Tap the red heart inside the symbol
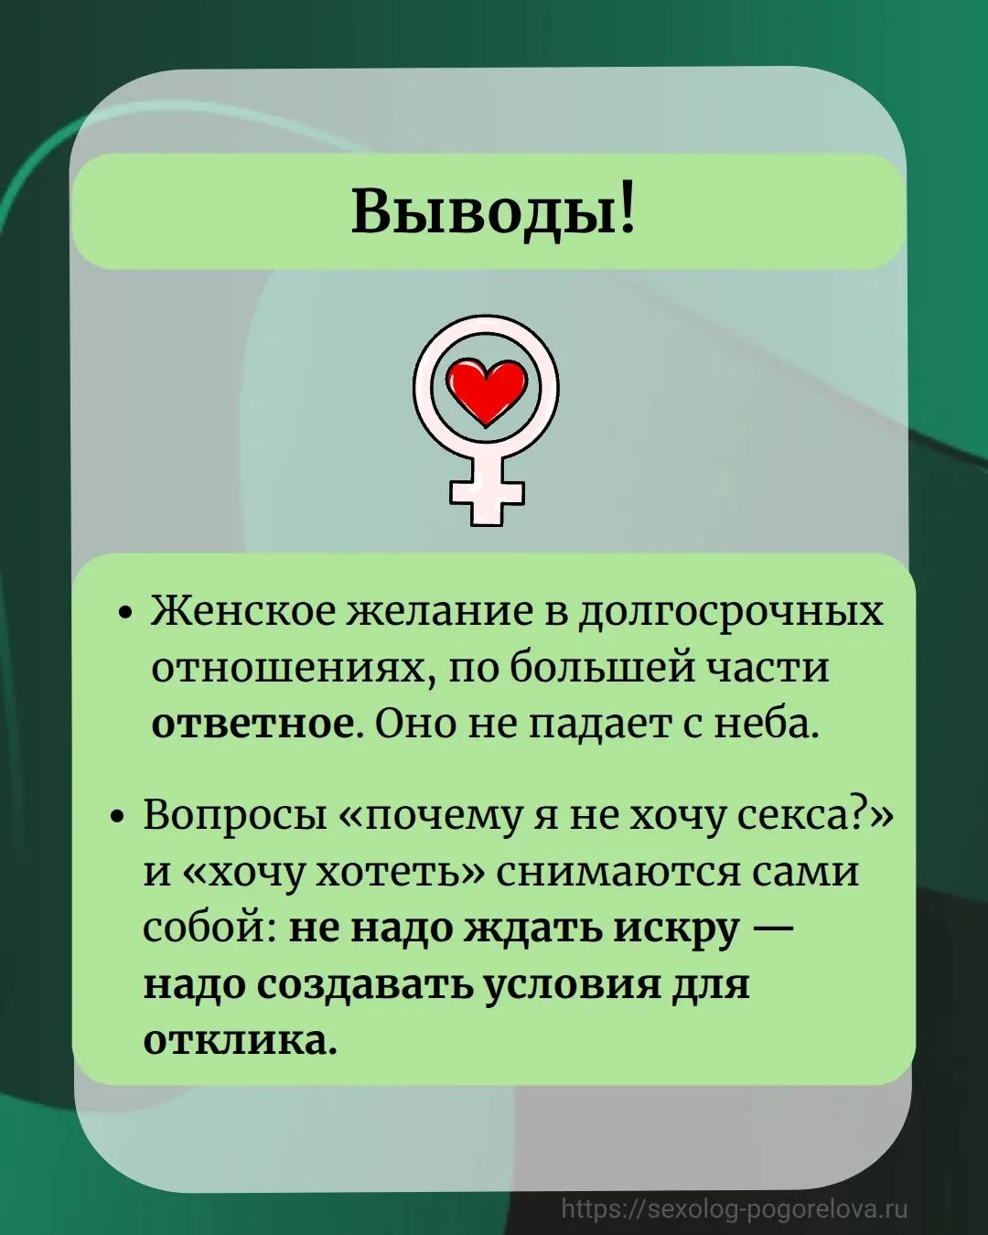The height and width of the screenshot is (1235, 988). (x=487, y=392)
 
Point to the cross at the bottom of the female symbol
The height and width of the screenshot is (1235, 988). (x=487, y=492)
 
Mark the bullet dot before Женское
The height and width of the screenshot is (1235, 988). (x=127, y=614)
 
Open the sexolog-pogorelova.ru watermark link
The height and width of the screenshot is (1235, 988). (x=736, y=1208)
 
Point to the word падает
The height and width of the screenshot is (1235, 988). (x=594, y=725)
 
